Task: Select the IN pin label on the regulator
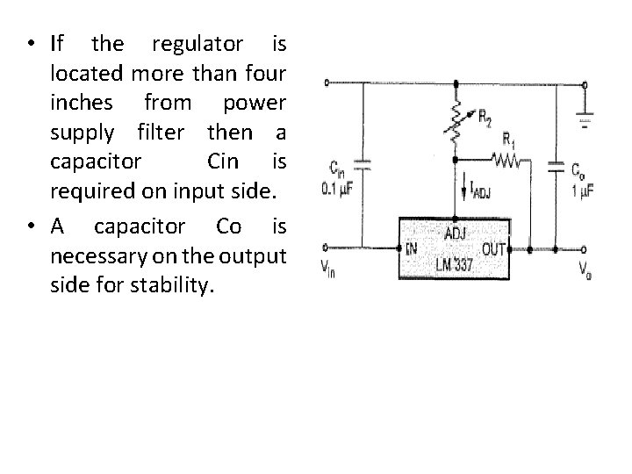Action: click(x=412, y=249)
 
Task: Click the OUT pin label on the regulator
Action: click(x=494, y=249)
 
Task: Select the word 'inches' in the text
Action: click(x=85, y=103)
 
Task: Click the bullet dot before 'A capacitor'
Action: click(x=32, y=227)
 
